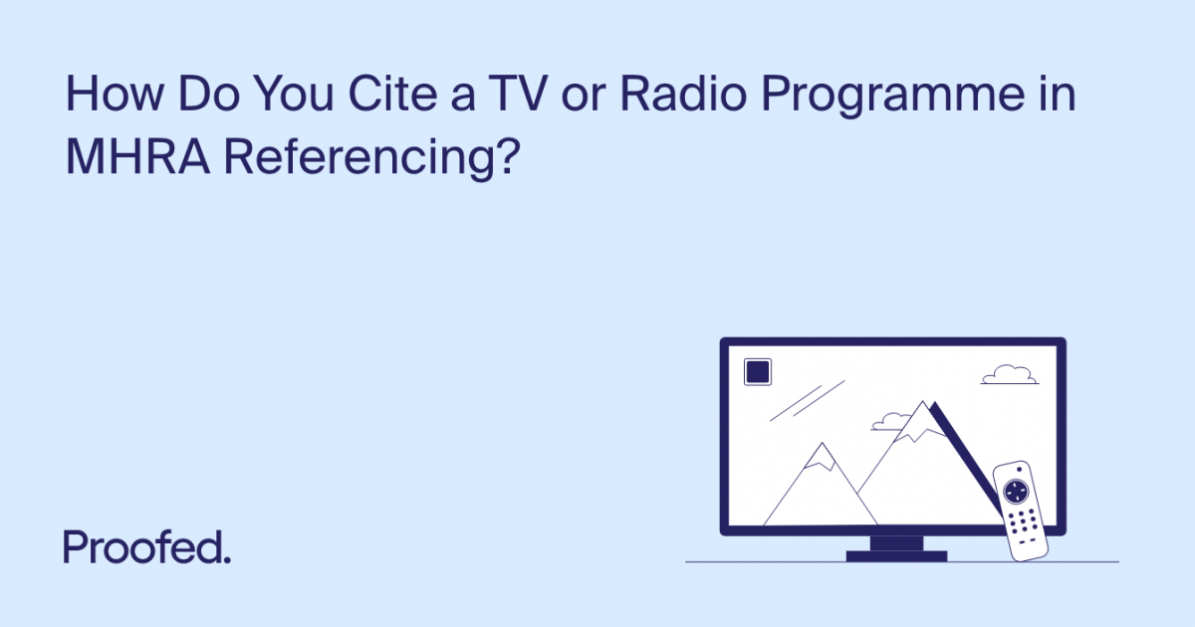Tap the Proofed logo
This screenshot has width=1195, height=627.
point(147,547)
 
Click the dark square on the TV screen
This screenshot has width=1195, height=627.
point(758,372)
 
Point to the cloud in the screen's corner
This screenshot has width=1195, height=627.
point(1009,374)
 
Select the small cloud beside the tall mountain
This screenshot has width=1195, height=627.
point(889,422)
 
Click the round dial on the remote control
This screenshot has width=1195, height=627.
point(1015,491)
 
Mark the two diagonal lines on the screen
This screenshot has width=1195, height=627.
point(808,400)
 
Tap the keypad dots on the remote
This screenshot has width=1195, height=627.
point(1022,522)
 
